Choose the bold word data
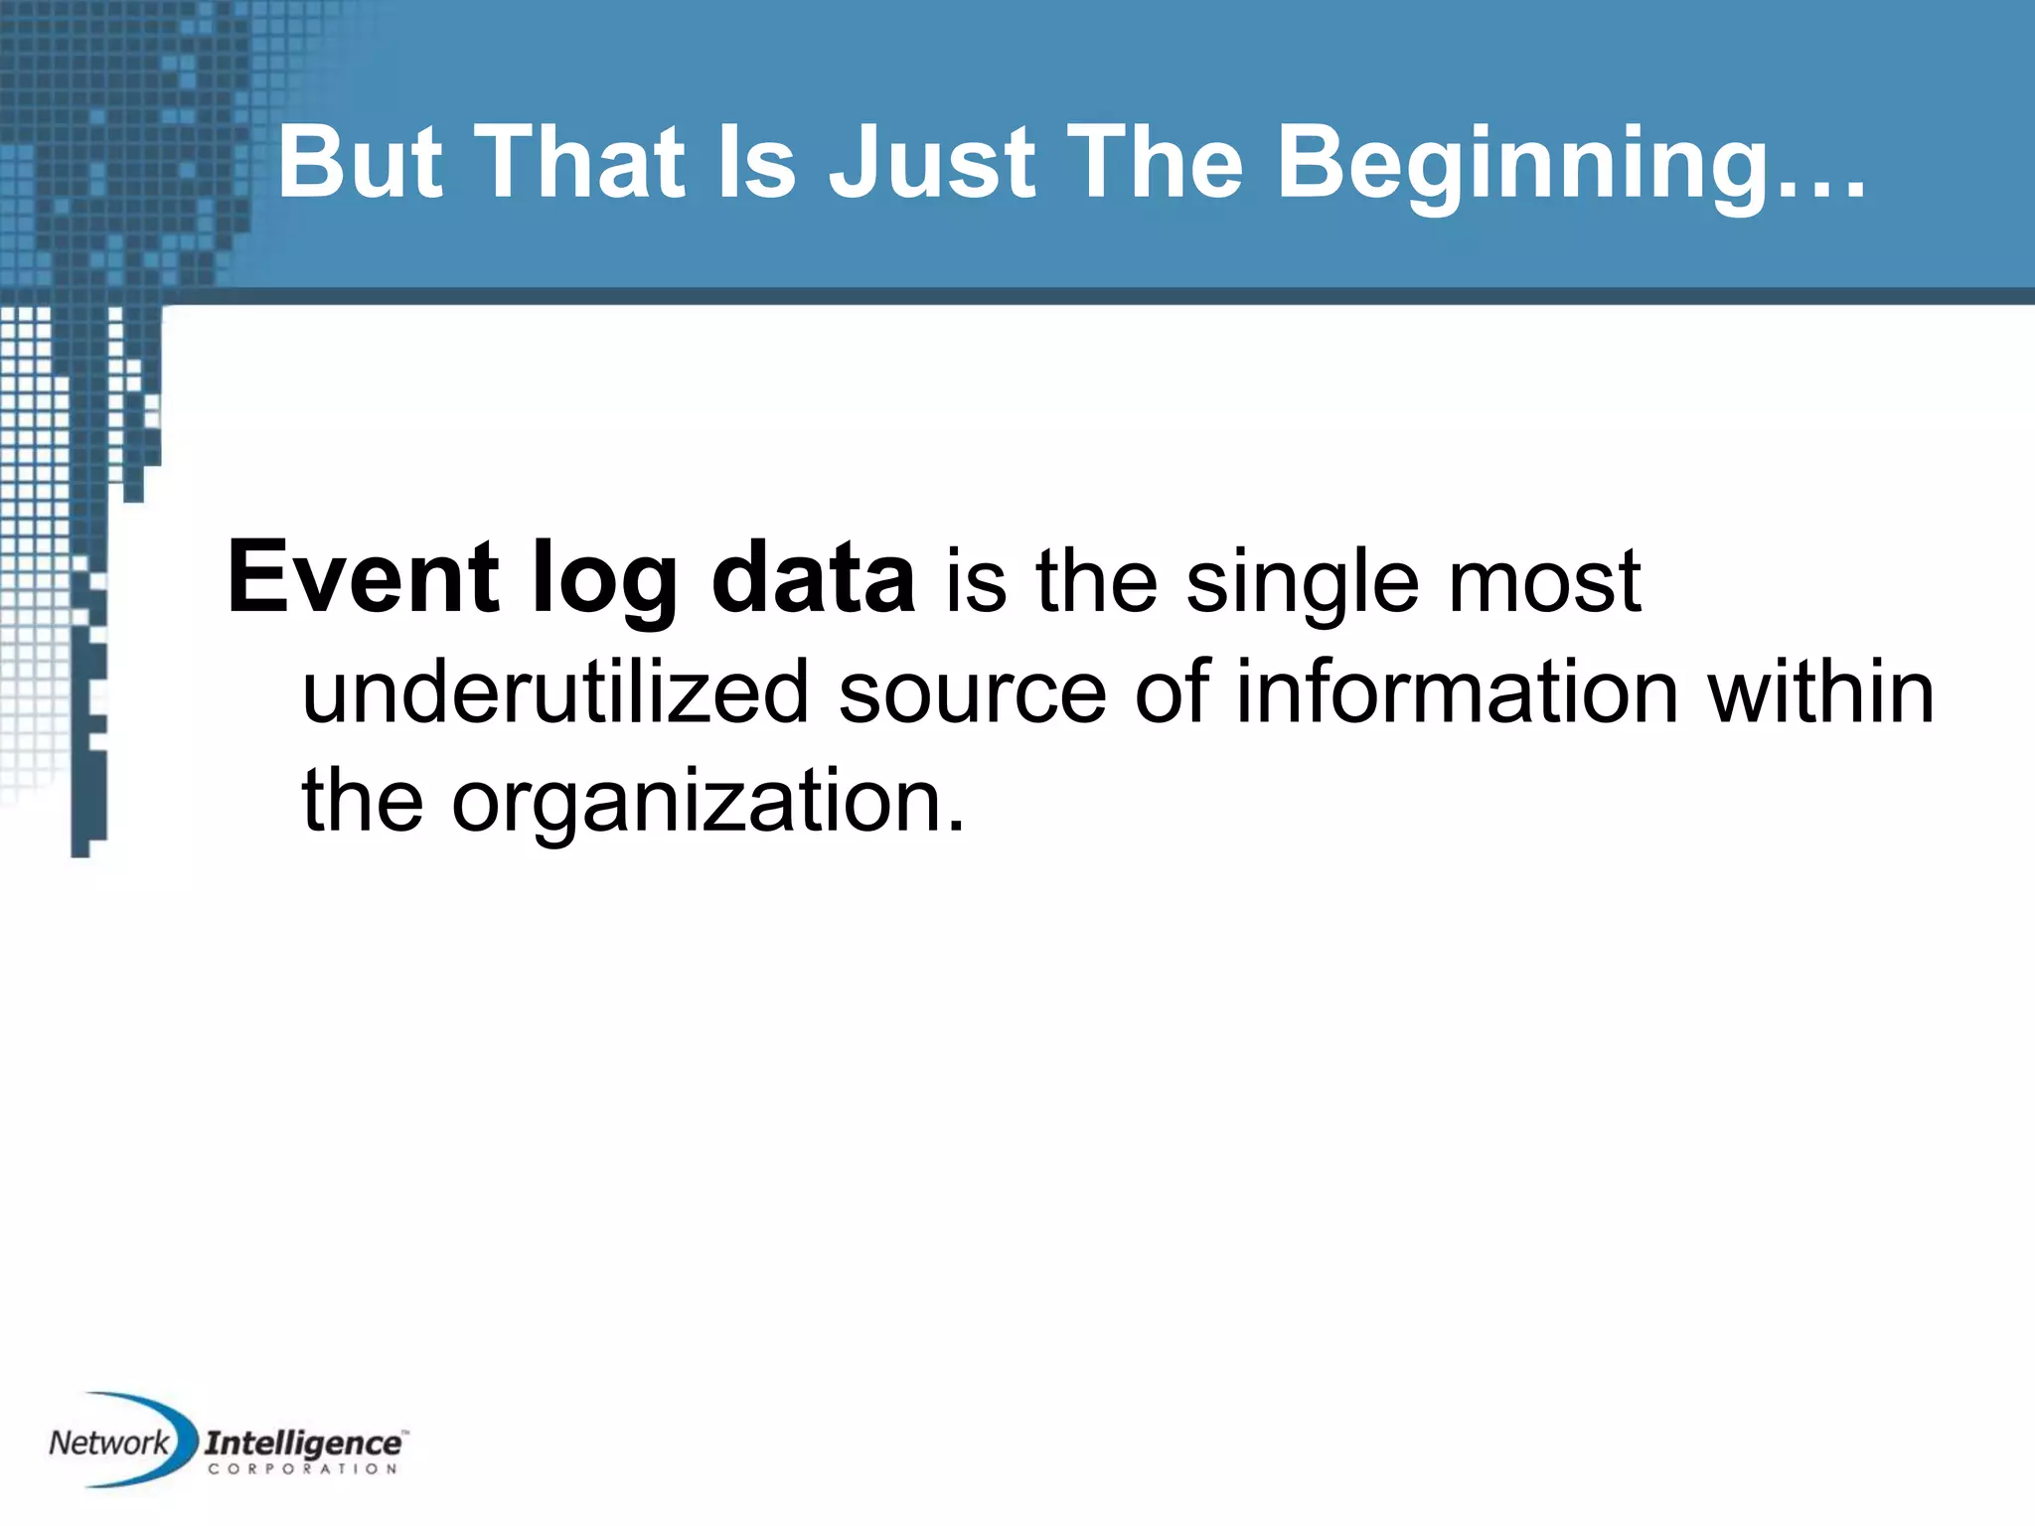[813, 578]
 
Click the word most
[1544, 580]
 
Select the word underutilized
[555, 691]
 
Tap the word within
[1821, 691]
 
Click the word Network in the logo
[108, 1443]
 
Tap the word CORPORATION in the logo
[303, 1469]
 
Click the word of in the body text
[1172, 691]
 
